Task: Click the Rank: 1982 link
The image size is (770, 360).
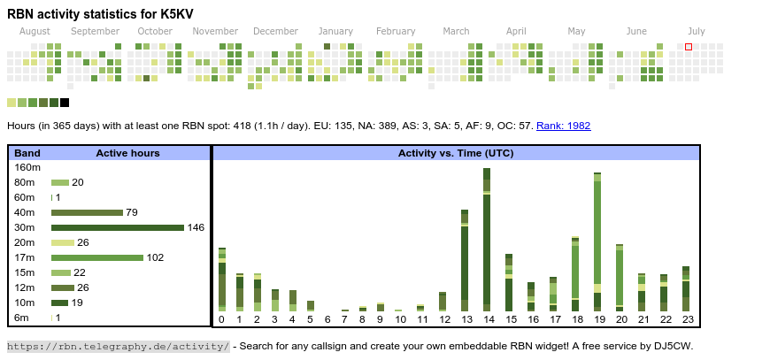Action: (x=563, y=126)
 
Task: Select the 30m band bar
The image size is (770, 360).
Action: (x=117, y=227)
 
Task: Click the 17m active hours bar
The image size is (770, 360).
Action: (x=96, y=257)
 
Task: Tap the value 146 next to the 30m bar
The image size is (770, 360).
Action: (x=196, y=227)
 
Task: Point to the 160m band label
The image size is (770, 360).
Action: (x=27, y=167)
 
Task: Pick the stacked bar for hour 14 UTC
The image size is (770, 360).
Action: (x=487, y=239)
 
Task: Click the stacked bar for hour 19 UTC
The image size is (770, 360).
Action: (x=597, y=241)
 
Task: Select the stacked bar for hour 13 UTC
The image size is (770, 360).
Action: (x=465, y=260)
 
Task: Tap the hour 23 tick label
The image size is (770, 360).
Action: (x=686, y=319)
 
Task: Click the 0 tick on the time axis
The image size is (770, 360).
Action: (x=221, y=319)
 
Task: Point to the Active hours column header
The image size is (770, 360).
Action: (x=127, y=153)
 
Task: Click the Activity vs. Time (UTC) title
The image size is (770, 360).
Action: (x=456, y=153)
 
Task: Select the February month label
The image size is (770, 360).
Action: (x=395, y=32)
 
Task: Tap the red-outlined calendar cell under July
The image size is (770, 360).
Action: (x=689, y=47)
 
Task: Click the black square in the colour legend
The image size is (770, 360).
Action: (x=65, y=103)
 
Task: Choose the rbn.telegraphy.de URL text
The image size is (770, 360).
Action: (x=119, y=346)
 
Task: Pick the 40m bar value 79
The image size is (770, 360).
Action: (x=132, y=212)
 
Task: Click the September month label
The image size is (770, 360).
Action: (x=95, y=32)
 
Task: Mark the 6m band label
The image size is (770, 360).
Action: (x=22, y=318)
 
